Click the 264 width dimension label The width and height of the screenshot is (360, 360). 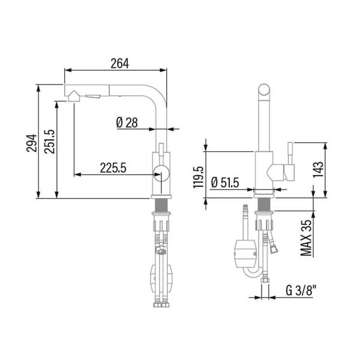pos(119,64)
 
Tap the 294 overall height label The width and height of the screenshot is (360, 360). pos(31,143)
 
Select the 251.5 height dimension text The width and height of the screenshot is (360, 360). pos(50,142)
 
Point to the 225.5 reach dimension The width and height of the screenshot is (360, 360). pos(113,168)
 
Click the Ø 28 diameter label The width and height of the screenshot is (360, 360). pos(127,122)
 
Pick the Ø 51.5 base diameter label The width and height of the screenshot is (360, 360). pos(225,183)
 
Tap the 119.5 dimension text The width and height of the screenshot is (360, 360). pos(199,177)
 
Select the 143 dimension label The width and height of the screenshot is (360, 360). pos(318,169)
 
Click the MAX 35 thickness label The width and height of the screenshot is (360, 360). pos(307,238)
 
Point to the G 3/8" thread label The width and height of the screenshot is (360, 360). pos(301,290)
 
